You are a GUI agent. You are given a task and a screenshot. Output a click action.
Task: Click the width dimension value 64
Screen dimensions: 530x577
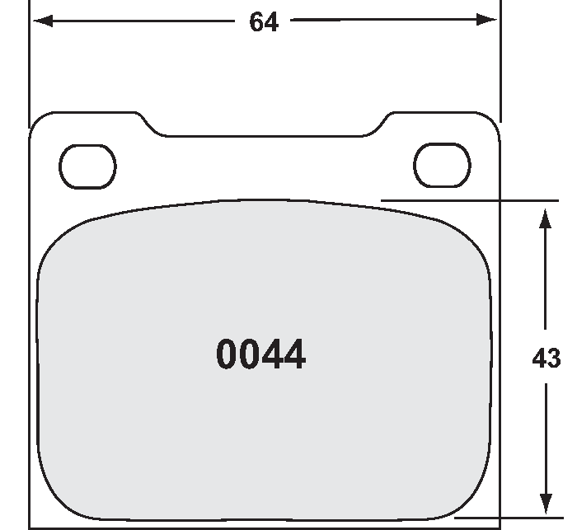[264, 22]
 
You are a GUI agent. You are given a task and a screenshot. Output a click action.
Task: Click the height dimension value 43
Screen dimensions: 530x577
[547, 359]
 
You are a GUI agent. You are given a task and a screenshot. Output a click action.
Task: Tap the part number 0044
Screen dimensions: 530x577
[260, 355]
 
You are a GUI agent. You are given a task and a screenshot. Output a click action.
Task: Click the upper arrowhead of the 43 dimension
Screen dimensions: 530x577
[544, 218]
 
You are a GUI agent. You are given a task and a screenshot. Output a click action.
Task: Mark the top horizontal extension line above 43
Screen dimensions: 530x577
[470, 200]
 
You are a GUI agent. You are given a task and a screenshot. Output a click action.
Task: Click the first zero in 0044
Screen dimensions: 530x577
[228, 355]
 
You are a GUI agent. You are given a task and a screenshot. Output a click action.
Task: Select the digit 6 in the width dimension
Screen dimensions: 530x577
[256, 22]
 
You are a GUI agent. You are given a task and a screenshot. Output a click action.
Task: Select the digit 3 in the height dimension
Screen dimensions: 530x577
[554, 359]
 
